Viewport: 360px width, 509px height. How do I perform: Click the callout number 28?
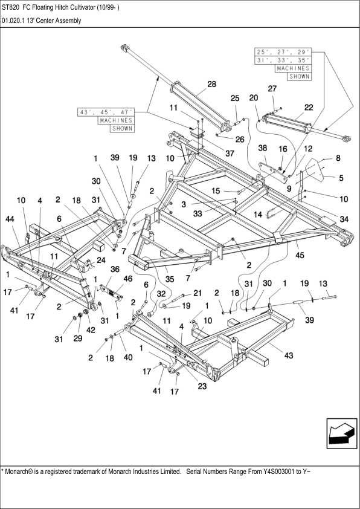211,85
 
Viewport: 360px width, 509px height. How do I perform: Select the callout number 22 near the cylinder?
308,107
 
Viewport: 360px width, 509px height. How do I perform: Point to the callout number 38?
263,148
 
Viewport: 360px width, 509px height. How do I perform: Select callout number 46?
127,278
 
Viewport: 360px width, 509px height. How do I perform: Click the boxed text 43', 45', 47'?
106,112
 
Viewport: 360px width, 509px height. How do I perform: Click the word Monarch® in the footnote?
22,470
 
